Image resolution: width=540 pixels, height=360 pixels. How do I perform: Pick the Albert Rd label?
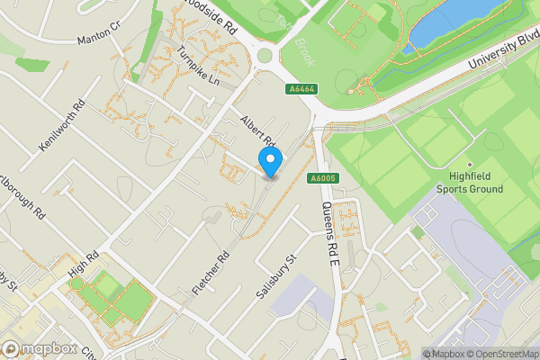(x=256, y=131)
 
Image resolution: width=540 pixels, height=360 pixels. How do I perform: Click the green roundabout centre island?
(x=265, y=56)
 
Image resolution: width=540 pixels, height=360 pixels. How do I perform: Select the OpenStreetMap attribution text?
(x=499, y=354)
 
